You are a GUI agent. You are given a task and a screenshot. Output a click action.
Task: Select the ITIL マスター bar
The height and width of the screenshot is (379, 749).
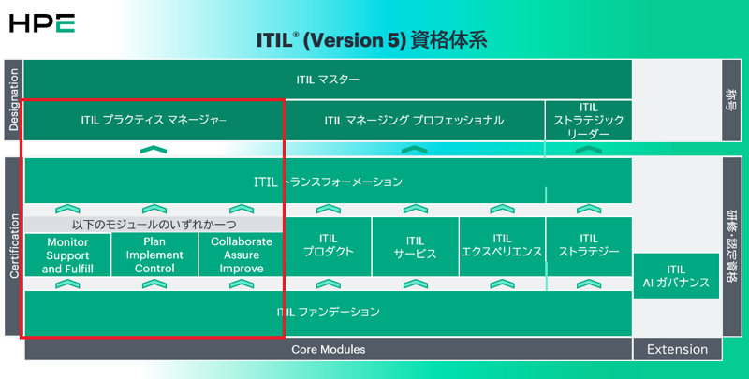[x=328, y=80]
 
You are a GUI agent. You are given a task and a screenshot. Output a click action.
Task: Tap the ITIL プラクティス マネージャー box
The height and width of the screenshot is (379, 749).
[x=154, y=120]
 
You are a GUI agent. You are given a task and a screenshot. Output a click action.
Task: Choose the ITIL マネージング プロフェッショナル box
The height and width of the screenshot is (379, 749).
[x=414, y=120]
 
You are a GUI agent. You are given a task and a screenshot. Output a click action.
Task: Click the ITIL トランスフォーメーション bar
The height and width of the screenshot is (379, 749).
[x=328, y=182]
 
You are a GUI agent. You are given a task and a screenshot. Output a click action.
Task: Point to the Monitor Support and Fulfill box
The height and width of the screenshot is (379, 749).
[x=66, y=255]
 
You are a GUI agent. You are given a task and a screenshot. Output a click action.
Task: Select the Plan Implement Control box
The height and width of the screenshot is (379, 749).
[x=154, y=255]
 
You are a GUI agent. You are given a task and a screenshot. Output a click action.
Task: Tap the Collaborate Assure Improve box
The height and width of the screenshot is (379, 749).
[x=242, y=255]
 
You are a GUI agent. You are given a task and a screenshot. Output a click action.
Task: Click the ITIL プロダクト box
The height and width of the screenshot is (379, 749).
[x=329, y=246]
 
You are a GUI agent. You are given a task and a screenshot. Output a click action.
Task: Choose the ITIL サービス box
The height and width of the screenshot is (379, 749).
[x=415, y=246]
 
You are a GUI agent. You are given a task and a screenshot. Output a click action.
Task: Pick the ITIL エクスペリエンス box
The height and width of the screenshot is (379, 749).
[x=502, y=246]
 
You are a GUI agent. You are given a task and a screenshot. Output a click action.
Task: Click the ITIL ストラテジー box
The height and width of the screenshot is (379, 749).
[x=588, y=246]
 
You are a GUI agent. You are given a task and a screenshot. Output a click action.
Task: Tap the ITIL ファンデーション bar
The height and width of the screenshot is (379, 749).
[x=328, y=312]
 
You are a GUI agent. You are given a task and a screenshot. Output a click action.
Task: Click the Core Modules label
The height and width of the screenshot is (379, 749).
[x=328, y=349]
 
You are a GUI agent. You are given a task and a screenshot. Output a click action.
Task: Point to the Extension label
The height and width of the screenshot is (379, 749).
[x=677, y=349]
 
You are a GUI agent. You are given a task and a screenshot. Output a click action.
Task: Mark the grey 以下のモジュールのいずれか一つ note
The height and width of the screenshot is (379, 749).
[x=154, y=225]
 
